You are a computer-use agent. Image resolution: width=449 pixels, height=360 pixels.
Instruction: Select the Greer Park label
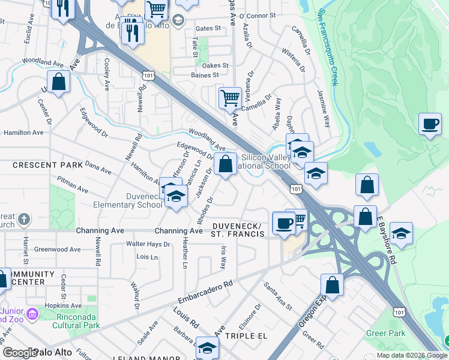(x=386, y=333)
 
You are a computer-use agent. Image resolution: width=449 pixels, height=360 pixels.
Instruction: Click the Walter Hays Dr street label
(x=148, y=244)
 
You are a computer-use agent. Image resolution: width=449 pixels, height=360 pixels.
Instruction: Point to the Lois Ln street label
(x=147, y=257)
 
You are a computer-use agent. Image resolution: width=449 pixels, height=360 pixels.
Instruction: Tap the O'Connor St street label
(x=259, y=16)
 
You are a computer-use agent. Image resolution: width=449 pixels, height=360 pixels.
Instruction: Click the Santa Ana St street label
(x=278, y=297)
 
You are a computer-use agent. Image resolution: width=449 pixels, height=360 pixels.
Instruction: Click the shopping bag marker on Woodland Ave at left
(x=59, y=82)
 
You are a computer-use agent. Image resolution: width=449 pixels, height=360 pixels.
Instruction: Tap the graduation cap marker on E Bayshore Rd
(x=401, y=232)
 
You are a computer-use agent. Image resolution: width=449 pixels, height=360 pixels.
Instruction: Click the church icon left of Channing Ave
(x=23, y=218)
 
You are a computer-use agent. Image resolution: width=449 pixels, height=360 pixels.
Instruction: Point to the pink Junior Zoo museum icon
(x=32, y=313)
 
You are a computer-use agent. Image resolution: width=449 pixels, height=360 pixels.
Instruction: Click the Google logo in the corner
(x=19, y=353)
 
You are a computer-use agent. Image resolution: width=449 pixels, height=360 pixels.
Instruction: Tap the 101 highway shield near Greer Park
(x=400, y=311)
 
